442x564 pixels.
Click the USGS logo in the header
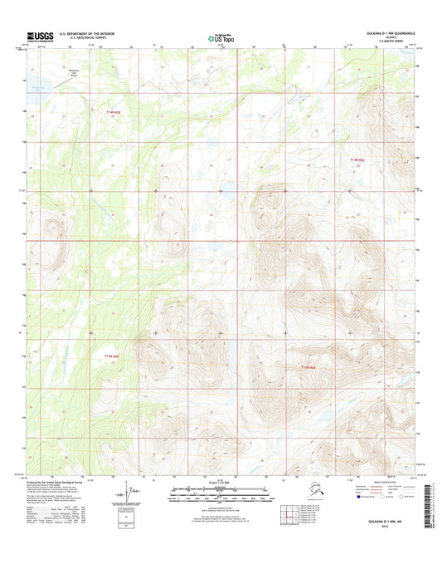(x=41, y=36)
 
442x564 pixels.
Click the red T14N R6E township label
(x=357, y=159)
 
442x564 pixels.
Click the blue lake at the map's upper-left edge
(x=35, y=86)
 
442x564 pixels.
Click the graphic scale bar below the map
(x=220, y=488)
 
